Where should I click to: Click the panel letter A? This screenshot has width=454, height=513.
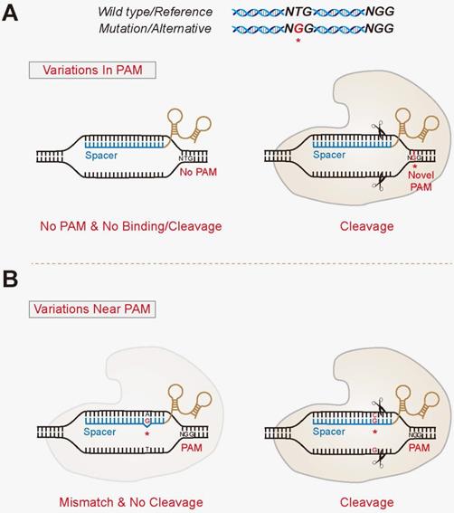pyautogui.click(x=13, y=19)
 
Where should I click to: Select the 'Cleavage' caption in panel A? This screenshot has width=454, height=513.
pyautogui.click(x=345, y=226)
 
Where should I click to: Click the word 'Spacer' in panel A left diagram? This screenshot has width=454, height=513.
pyautogui.click(x=102, y=155)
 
